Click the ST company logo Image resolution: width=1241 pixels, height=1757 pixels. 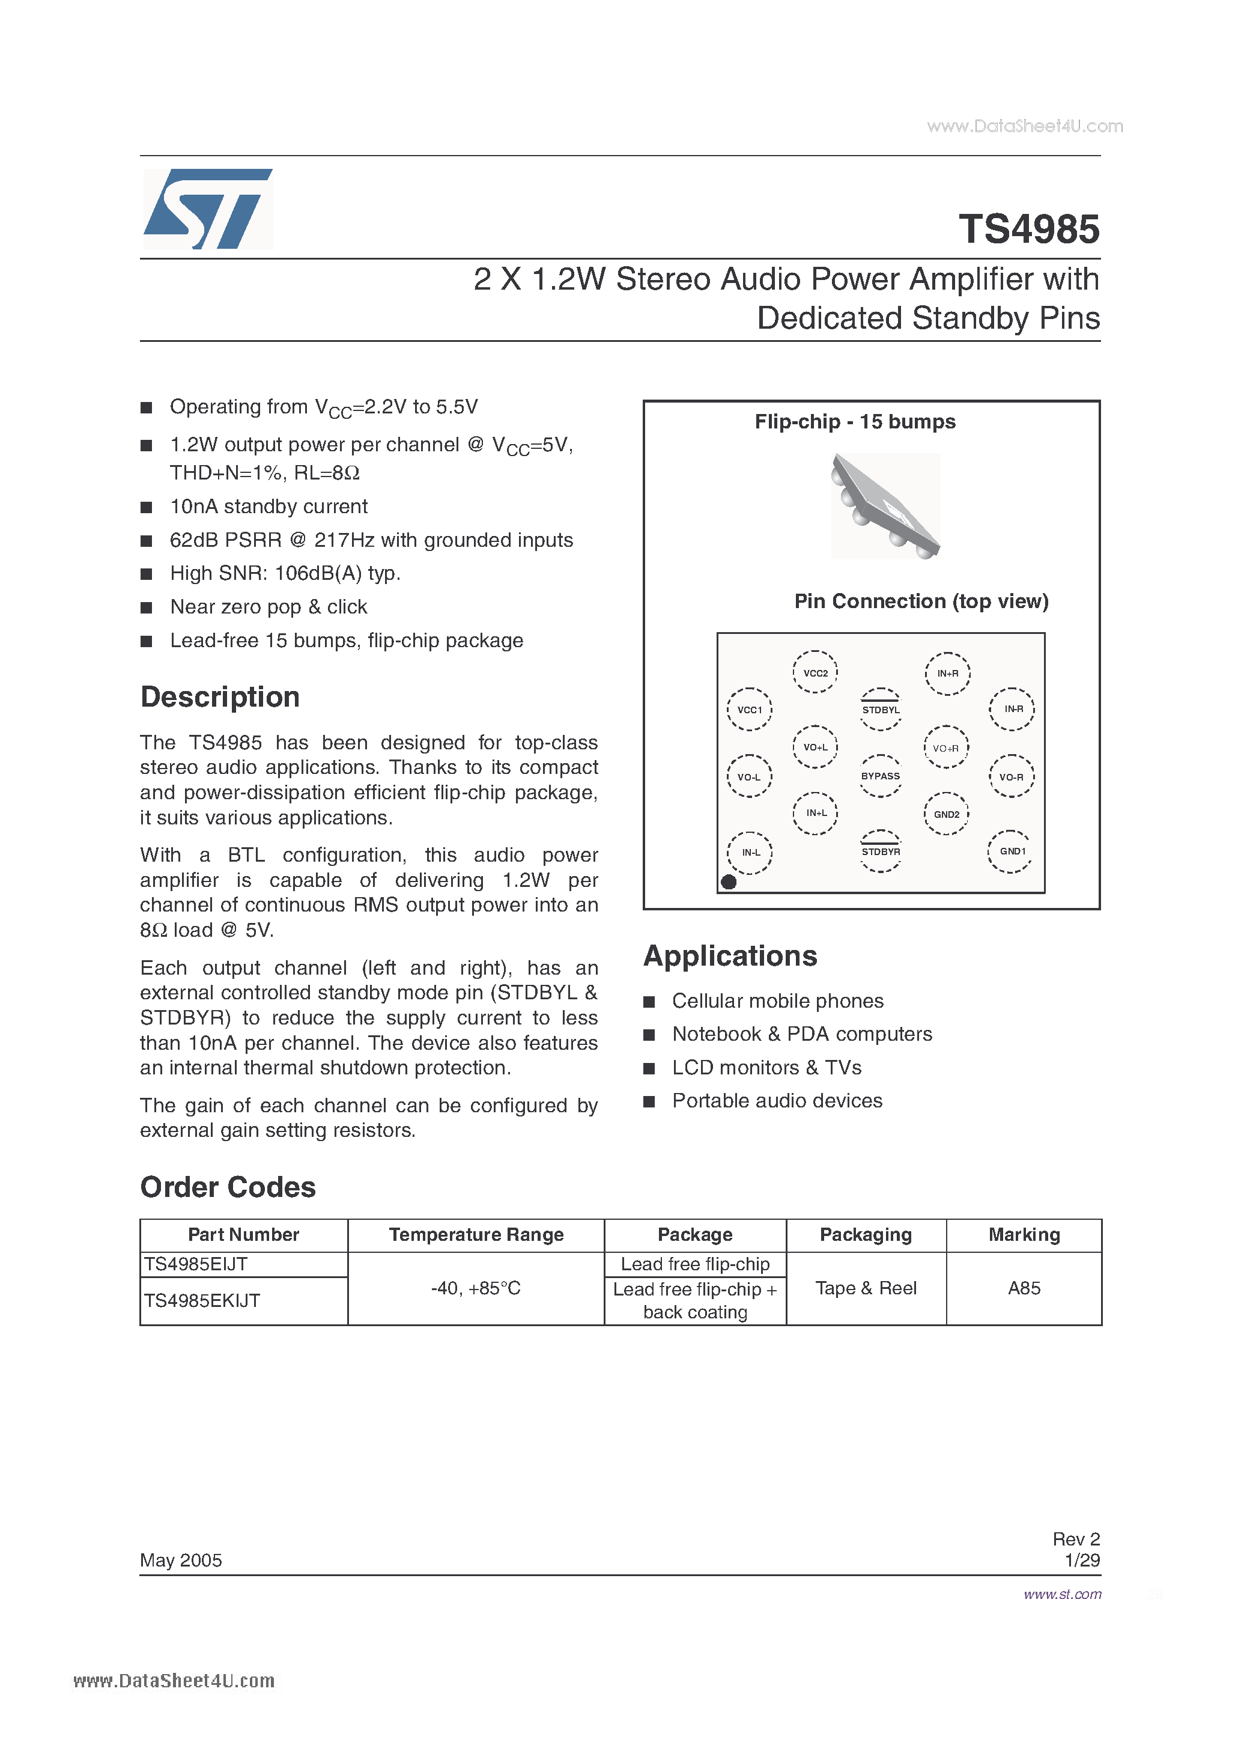(x=207, y=209)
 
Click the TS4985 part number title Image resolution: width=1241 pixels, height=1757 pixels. (x=1028, y=229)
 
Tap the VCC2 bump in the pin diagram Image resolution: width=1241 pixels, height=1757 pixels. (x=815, y=672)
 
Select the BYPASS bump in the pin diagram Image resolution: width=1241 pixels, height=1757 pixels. (x=881, y=776)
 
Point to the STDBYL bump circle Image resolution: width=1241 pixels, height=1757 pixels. (x=881, y=710)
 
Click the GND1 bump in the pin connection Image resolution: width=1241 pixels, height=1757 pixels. (x=1012, y=851)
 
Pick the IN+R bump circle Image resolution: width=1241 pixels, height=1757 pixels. (x=947, y=674)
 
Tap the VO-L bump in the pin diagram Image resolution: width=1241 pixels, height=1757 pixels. (x=749, y=777)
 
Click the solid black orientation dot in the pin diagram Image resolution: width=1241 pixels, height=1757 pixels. (x=729, y=882)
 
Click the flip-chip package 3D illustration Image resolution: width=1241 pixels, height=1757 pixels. (x=885, y=506)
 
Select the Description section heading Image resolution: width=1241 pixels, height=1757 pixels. (x=220, y=697)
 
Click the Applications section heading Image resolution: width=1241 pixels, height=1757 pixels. (x=730, y=956)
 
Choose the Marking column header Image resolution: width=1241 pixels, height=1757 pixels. (x=1024, y=1234)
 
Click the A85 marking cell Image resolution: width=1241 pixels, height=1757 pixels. (x=1024, y=1288)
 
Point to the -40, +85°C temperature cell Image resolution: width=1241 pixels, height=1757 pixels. (x=475, y=1288)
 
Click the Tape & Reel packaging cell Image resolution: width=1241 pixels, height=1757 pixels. (x=866, y=1288)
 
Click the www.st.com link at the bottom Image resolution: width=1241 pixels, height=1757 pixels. (x=1062, y=1594)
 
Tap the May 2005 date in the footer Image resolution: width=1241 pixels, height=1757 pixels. (x=181, y=1559)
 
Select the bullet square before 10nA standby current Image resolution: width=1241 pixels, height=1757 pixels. (x=146, y=507)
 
